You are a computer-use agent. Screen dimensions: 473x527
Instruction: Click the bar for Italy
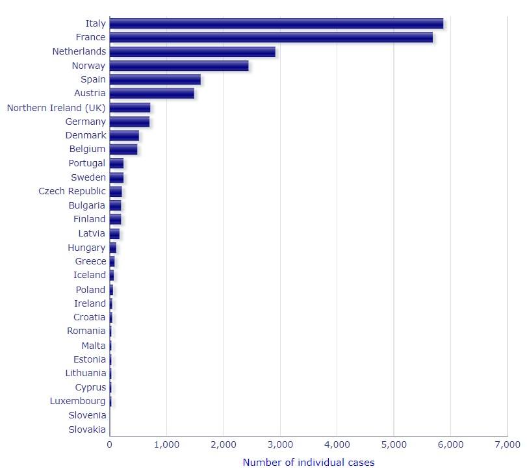click(276, 23)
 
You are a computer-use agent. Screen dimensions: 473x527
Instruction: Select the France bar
click(271, 38)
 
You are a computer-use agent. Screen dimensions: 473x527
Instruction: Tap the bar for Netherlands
click(192, 51)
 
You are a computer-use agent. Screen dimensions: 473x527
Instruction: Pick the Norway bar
click(179, 66)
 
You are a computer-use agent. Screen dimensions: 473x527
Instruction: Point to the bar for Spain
click(155, 79)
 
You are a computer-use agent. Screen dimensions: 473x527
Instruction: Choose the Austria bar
click(151, 94)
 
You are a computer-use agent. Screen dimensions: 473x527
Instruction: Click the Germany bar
click(129, 121)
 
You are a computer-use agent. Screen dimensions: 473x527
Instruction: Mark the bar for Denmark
click(124, 135)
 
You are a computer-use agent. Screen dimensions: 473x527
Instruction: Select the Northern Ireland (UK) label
click(56, 107)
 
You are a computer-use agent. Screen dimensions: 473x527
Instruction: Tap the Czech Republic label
click(71, 191)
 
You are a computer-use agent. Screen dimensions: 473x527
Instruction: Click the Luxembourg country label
click(77, 401)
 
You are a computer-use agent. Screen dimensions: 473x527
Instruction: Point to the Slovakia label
click(86, 429)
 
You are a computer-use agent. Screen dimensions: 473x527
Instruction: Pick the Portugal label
click(86, 163)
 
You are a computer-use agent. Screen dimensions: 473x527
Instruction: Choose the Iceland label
click(89, 275)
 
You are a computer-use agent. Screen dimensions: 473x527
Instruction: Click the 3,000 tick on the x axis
click(279, 444)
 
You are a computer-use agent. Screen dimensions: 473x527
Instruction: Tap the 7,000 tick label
click(507, 444)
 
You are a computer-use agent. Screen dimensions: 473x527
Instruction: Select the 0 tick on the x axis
click(109, 444)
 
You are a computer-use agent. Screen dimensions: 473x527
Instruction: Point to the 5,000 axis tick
click(393, 444)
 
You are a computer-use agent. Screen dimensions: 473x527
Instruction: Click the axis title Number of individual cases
click(308, 463)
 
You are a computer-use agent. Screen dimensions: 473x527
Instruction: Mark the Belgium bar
click(123, 149)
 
